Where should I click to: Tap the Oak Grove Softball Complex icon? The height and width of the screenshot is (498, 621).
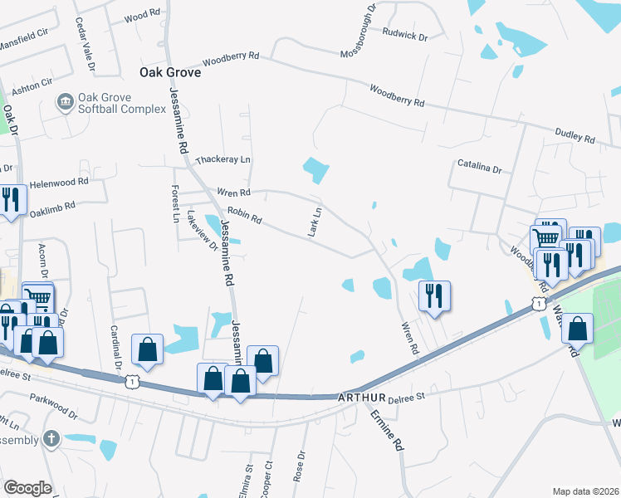pyautogui.click(x=64, y=103)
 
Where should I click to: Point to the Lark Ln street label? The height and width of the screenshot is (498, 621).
pyautogui.click(x=315, y=222)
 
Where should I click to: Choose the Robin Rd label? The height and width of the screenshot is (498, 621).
pyautogui.click(x=245, y=217)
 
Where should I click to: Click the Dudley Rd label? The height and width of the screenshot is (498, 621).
pyautogui.click(x=575, y=135)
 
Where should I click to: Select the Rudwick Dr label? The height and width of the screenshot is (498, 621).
pyautogui.click(x=404, y=36)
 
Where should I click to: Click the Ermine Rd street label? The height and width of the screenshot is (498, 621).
pyautogui.click(x=387, y=429)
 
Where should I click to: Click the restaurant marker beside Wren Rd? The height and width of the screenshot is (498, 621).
pyautogui.click(x=433, y=296)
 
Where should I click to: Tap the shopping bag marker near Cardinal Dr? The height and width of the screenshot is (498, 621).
pyautogui.click(x=147, y=349)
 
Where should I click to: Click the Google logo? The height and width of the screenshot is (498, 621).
pyautogui.click(x=27, y=488)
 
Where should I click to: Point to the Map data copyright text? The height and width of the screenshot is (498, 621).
pyautogui.click(x=585, y=491)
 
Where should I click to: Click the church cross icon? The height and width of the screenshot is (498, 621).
pyautogui.click(x=51, y=438)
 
